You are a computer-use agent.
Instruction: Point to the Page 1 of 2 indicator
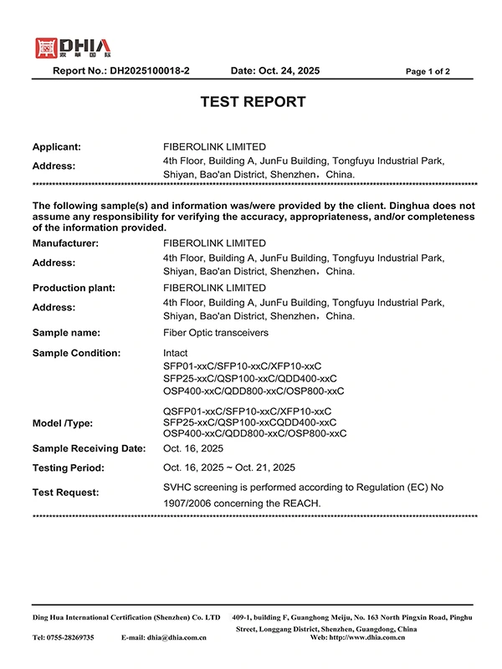(x=428, y=72)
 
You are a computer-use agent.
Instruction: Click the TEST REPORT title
(x=253, y=102)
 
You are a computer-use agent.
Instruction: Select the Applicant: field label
(x=57, y=146)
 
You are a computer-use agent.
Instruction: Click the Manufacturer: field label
(x=65, y=243)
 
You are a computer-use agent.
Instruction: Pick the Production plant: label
(x=74, y=288)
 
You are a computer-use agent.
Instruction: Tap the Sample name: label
(x=66, y=332)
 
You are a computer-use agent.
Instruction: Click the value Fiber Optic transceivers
(x=216, y=332)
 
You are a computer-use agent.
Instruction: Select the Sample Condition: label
(x=76, y=353)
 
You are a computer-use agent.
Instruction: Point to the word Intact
(x=176, y=353)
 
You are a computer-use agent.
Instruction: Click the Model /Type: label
(x=64, y=422)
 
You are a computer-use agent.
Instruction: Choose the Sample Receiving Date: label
(x=90, y=449)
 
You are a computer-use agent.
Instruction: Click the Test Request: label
(x=65, y=493)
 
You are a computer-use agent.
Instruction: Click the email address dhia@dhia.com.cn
(x=177, y=637)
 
